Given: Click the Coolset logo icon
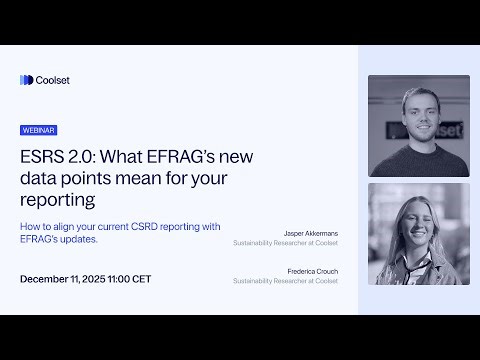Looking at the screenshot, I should (26, 80).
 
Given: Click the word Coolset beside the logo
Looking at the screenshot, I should (53, 80).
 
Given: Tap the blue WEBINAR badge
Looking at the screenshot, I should (38, 130).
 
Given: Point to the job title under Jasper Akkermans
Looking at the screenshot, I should (285, 243).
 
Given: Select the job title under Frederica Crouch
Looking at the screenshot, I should (285, 281).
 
